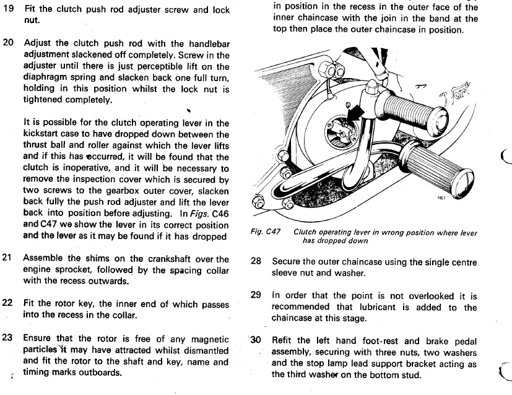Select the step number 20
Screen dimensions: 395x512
8,44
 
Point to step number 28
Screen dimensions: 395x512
256,262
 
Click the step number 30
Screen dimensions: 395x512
256,341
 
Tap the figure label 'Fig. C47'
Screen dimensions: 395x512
265,232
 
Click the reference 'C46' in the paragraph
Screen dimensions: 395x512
217,213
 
